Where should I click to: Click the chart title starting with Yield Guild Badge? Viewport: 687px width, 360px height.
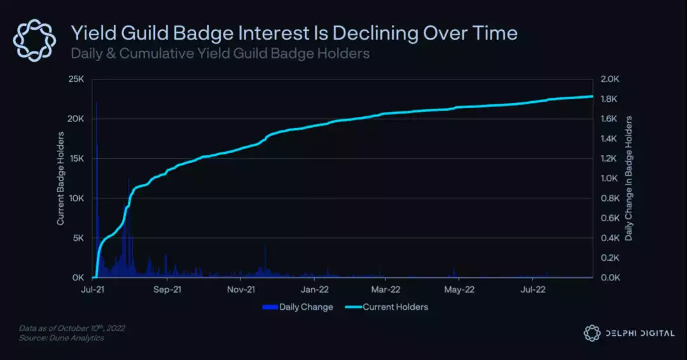pyautogui.click(x=294, y=33)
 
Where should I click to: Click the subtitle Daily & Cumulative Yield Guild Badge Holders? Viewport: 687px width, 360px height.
pyautogui.click(x=220, y=53)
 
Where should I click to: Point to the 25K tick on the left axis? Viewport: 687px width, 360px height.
pyautogui.click(x=77, y=80)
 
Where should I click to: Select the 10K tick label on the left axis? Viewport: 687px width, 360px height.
pyautogui.click(x=77, y=198)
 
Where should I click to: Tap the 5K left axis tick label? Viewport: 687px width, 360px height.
pyautogui.click(x=79, y=238)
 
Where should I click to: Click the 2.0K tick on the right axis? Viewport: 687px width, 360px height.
pyautogui.click(x=609, y=80)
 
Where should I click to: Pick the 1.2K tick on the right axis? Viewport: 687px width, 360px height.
pyautogui.click(x=609, y=159)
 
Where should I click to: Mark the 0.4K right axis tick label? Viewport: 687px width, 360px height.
pyautogui.click(x=609, y=238)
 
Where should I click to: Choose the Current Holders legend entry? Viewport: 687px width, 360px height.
pyautogui.click(x=396, y=307)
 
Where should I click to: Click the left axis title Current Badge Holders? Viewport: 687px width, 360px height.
pyautogui.click(x=61, y=179)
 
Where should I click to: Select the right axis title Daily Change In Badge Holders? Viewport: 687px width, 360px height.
pyautogui.click(x=628, y=179)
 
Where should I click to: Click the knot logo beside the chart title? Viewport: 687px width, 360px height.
pyautogui.click(x=35, y=40)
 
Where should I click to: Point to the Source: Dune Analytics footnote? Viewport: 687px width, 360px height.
pyautogui.click(x=61, y=338)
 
